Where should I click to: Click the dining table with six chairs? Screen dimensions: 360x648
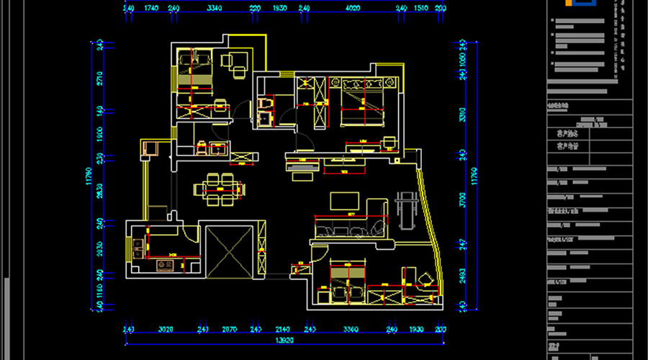tap(219, 189)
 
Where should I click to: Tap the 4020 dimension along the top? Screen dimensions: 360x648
tap(352, 8)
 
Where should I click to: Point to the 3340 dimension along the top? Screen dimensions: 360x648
tap(214, 8)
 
